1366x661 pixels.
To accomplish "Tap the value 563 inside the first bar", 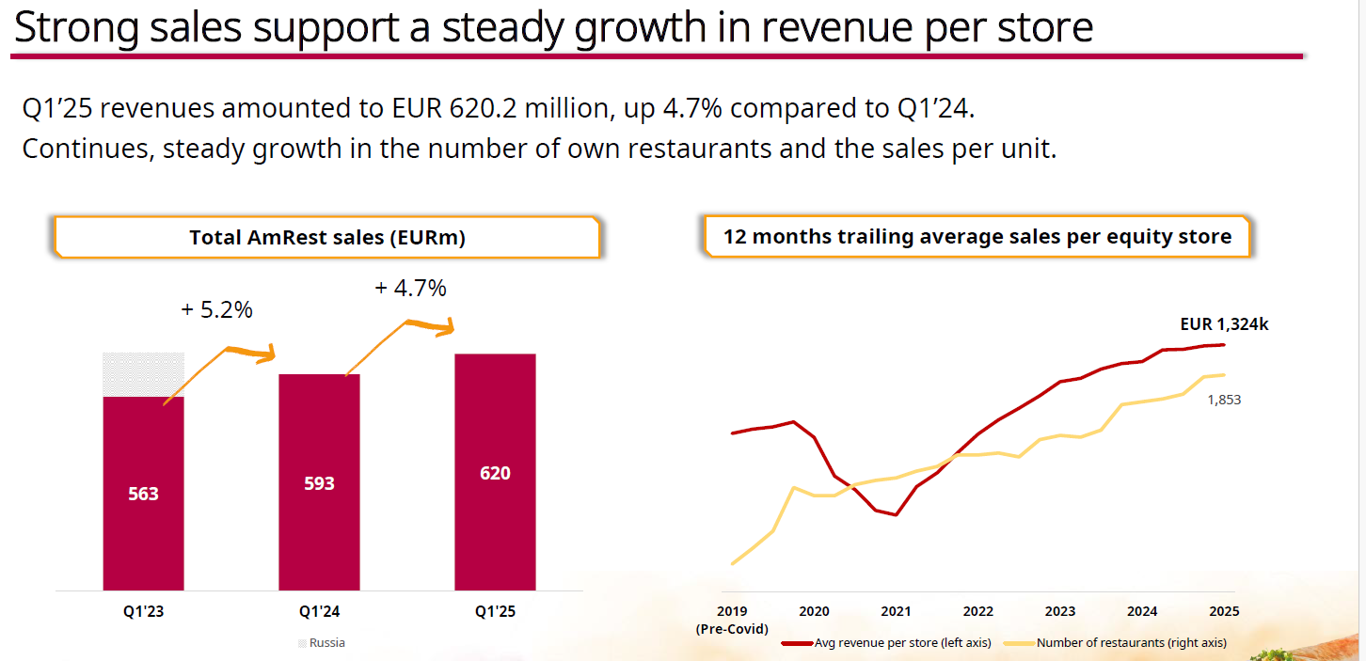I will pyautogui.click(x=143, y=494).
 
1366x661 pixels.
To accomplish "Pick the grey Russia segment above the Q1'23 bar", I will pyautogui.click(x=143, y=374).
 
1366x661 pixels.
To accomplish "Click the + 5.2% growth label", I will pyautogui.click(x=216, y=309).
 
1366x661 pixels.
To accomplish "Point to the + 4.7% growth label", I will pyautogui.click(x=410, y=288).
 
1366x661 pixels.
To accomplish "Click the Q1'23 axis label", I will pyautogui.click(x=143, y=611).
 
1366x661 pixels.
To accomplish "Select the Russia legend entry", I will pyautogui.click(x=322, y=643).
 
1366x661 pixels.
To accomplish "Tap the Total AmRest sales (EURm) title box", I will pyautogui.click(x=327, y=238).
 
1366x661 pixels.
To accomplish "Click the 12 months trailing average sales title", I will pyautogui.click(x=977, y=237).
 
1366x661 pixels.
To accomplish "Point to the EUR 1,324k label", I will pyautogui.click(x=1224, y=324).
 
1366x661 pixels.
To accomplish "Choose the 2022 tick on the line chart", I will pyautogui.click(x=977, y=611).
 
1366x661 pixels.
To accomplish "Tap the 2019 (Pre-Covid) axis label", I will pyautogui.click(x=731, y=620).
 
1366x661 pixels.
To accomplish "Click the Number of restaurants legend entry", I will pyautogui.click(x=1130, y=643).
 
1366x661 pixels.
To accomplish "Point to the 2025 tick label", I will pyautogui.click(x=1223, y=611).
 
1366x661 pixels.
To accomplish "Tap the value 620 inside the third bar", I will pyautogui.click(x=495, y=473).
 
